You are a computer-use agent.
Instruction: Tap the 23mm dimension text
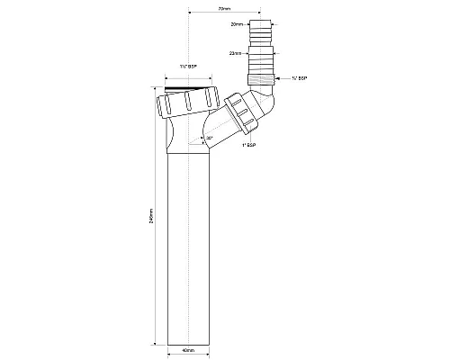[236, 53]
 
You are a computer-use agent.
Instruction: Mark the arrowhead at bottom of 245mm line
[158, 343]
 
